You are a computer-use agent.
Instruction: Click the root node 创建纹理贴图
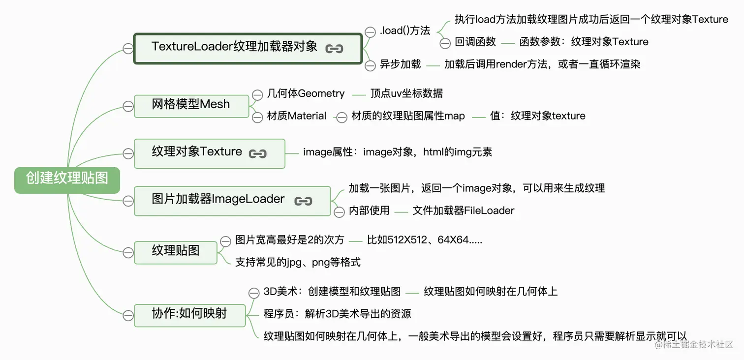tap(67, 178)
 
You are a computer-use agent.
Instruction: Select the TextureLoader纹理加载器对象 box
tap(248, 48)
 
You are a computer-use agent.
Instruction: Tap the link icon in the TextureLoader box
tap(334, 48)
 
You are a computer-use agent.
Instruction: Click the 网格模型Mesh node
tap(191, 105)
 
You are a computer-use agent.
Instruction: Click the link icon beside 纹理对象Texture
tap(258, 153)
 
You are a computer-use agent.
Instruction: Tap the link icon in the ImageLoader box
tap(303, 201)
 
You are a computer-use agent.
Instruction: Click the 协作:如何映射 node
tap(189, 314)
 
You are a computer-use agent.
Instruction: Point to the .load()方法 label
tap(405, 31)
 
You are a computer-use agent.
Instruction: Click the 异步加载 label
tap(400, 64)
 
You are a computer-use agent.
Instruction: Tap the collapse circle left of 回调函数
tap(445, 43)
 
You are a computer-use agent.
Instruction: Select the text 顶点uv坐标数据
tap(406, 93)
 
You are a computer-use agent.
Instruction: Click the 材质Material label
tap(297, 116)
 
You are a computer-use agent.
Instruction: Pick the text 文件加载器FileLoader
tap(464, 211)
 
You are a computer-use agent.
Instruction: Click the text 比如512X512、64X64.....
tap(424, 240)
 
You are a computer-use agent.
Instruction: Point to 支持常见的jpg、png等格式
tap(298, 263)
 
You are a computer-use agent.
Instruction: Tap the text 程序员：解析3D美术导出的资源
tap(337, 314)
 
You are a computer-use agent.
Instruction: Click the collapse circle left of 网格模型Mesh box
tap(128, 106)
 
